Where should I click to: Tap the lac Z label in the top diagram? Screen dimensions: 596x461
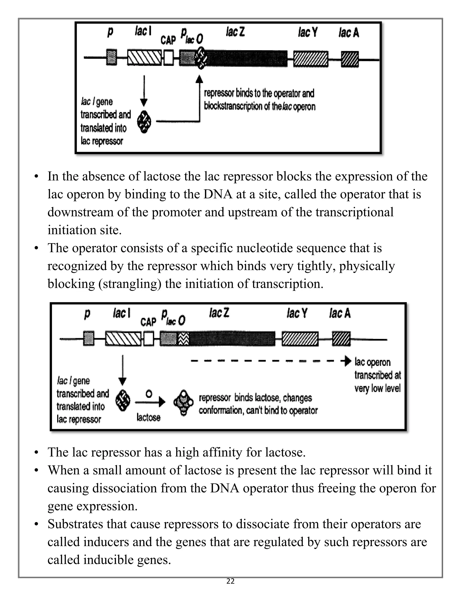235,32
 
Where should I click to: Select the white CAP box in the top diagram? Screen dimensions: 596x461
169,58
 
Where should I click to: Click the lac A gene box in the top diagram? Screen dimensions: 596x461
350,59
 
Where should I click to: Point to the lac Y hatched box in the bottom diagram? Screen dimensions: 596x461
300,339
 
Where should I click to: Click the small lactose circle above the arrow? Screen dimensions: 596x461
149,394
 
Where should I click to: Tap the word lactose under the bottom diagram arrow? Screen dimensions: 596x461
148,417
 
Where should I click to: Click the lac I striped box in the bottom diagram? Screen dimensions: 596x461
123,339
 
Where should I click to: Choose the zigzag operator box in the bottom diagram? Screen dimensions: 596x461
183,339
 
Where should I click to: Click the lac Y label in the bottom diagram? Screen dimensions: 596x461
297,313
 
